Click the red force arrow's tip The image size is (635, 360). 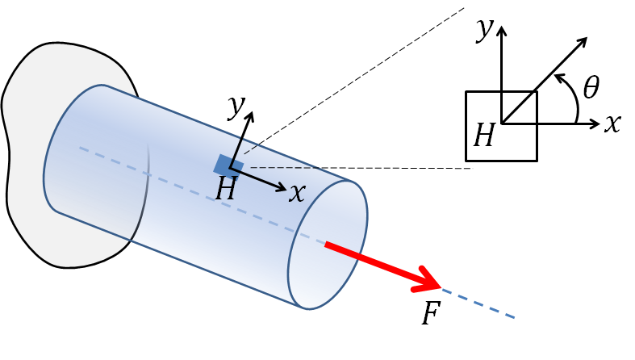click(439, 287)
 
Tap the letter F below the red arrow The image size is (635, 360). click(430, 313)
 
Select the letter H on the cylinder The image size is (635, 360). click(227, 190)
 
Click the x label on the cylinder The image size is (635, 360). click(298, 192)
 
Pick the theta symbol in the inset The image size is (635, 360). click(591, 87)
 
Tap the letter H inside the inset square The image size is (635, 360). click(483, 136)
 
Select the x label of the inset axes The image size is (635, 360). click(613, 123)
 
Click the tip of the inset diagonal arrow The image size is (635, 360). click(585, 38)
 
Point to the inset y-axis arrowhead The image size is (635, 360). click(502, 30)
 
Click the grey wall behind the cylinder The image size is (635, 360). click(32, 202)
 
